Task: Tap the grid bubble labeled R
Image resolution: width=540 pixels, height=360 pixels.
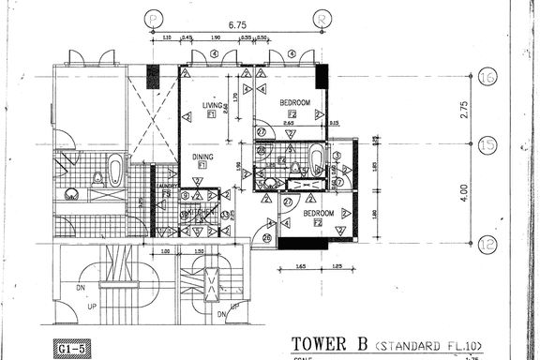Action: tap(322, 17)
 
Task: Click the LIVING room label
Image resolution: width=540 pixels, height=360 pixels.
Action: tap(213, 106)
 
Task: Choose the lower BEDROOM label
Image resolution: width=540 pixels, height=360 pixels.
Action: tap(317, 215)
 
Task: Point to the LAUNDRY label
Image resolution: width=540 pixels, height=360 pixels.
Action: tap(168, 186)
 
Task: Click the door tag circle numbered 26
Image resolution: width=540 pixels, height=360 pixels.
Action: tap(267, 238)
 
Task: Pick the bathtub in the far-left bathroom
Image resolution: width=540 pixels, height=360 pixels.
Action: tap(114, 172)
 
